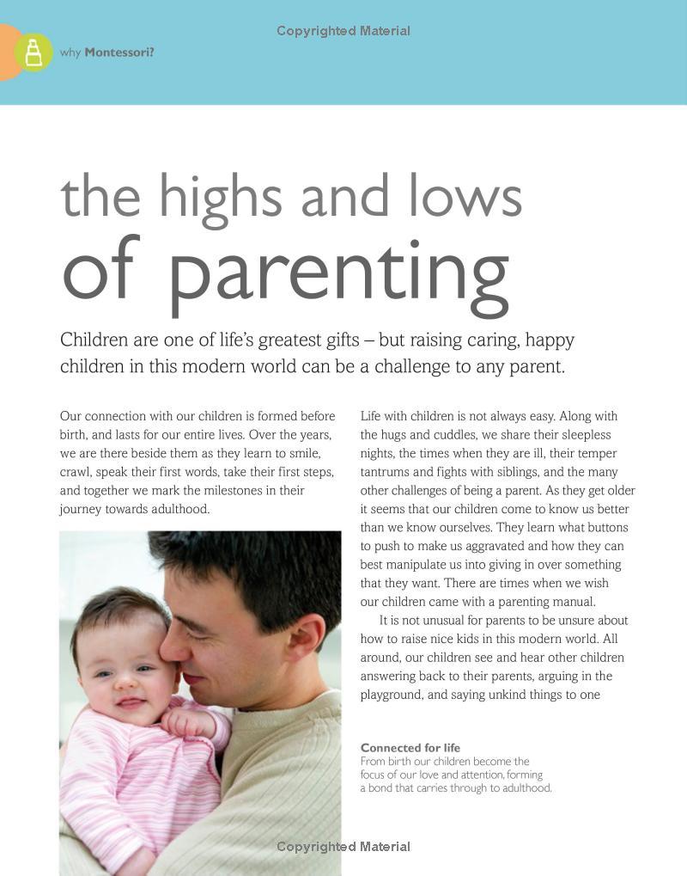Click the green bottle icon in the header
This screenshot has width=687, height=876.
tap(33, 52)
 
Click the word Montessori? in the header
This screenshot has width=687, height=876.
tap(119, 52)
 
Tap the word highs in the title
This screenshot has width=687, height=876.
tap(220, 196)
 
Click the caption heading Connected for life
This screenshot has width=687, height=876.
tap(410, 748)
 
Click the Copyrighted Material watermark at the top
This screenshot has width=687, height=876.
tap(343, 31)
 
